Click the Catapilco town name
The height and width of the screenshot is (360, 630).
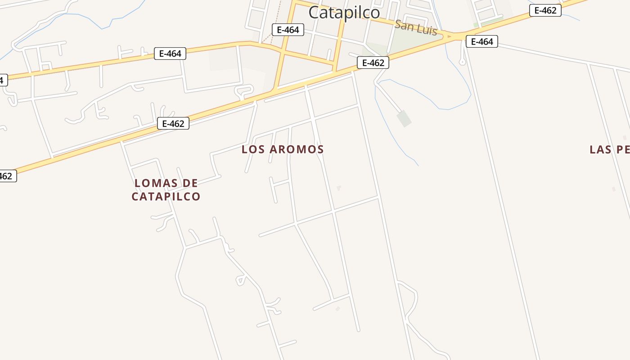(x=344, y=12)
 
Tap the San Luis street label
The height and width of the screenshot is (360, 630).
(x=415, y=27)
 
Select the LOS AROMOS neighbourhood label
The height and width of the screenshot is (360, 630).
(x=283, y=149)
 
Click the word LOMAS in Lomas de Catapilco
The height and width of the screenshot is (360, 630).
(x=153, y=183)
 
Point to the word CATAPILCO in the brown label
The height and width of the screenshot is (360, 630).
(x=166, y=197)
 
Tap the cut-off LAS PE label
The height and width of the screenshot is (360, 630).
(x=609, y=150)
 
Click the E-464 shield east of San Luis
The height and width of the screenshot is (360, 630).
(x=481, y=42)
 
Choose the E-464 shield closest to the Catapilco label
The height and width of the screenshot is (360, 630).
(x=288, y=30)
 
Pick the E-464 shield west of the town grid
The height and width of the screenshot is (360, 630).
(x=170, y=54)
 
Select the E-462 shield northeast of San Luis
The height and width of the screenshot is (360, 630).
(x=545, y=10)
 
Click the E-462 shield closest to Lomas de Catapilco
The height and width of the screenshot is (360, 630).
(x=173, y=123)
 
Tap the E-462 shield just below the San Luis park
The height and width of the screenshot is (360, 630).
(x=373, y=63)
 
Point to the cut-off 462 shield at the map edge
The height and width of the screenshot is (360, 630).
(x=6, y=176)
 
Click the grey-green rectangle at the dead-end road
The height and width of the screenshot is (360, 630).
(x=404, y=118)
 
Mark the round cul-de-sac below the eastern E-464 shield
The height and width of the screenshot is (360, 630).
(x=462, y=62)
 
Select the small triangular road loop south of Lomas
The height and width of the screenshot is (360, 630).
(x=241, y=281)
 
